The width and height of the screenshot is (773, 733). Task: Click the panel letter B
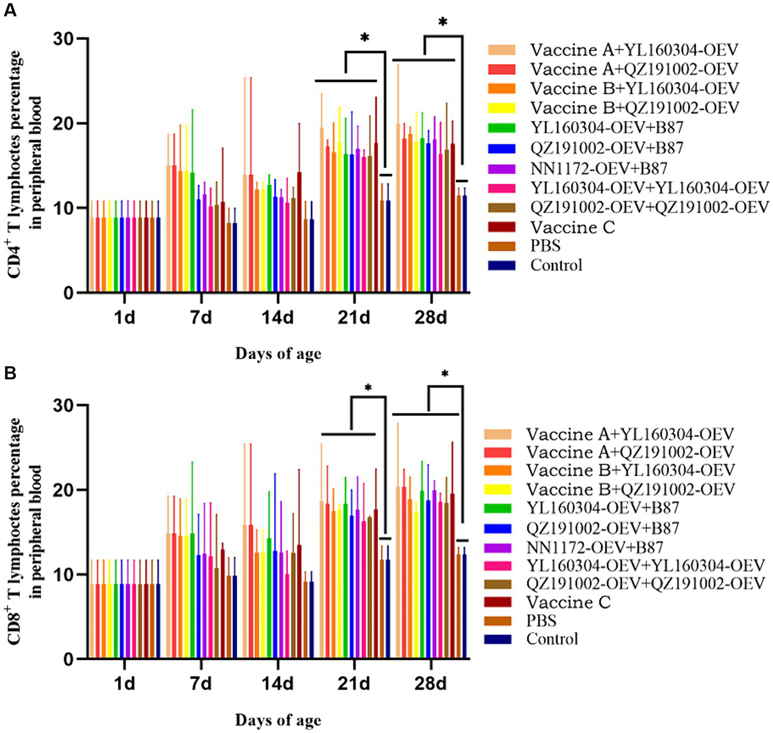pos(10,374)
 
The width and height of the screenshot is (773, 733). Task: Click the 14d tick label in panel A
pos(277,317)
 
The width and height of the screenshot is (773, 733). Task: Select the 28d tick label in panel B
pos(430,683)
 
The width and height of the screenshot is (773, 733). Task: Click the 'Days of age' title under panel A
pos(278,354)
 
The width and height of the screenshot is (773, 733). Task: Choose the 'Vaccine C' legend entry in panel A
pos(572,227)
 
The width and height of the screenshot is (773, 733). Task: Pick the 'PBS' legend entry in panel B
pos(541,621)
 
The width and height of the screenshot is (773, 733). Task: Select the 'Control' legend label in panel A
pos(556,265)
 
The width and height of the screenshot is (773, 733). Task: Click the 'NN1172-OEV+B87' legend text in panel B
pos(595,547)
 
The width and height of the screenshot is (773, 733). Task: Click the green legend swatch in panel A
pos(501,128)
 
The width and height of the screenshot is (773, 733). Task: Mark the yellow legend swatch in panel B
pos(498,490)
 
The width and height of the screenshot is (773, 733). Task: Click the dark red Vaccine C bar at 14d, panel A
pos(298,232)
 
